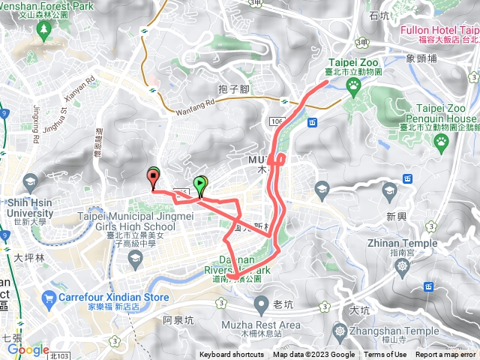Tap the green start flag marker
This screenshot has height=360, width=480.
[200, 183]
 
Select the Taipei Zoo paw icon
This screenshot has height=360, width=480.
[352, 85]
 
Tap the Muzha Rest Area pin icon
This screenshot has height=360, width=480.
[261, 303]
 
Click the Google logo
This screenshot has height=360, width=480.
[28, 350]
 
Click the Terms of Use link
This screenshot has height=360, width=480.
[385, 355]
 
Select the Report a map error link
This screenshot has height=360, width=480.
[445, 355]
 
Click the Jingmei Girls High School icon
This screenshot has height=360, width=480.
[135, 259]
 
